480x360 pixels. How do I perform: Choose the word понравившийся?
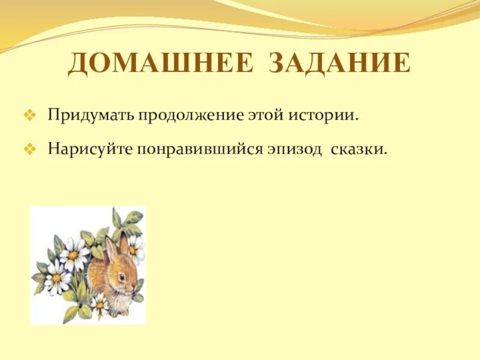[x=201, y=149]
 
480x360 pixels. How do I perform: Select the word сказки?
[x=358, y=149]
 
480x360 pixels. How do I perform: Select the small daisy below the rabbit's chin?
[x=100, y=305]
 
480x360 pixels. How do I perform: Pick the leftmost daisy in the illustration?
[x=56, y=278]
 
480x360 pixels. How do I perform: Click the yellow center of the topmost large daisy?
[x=74, y=255]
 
